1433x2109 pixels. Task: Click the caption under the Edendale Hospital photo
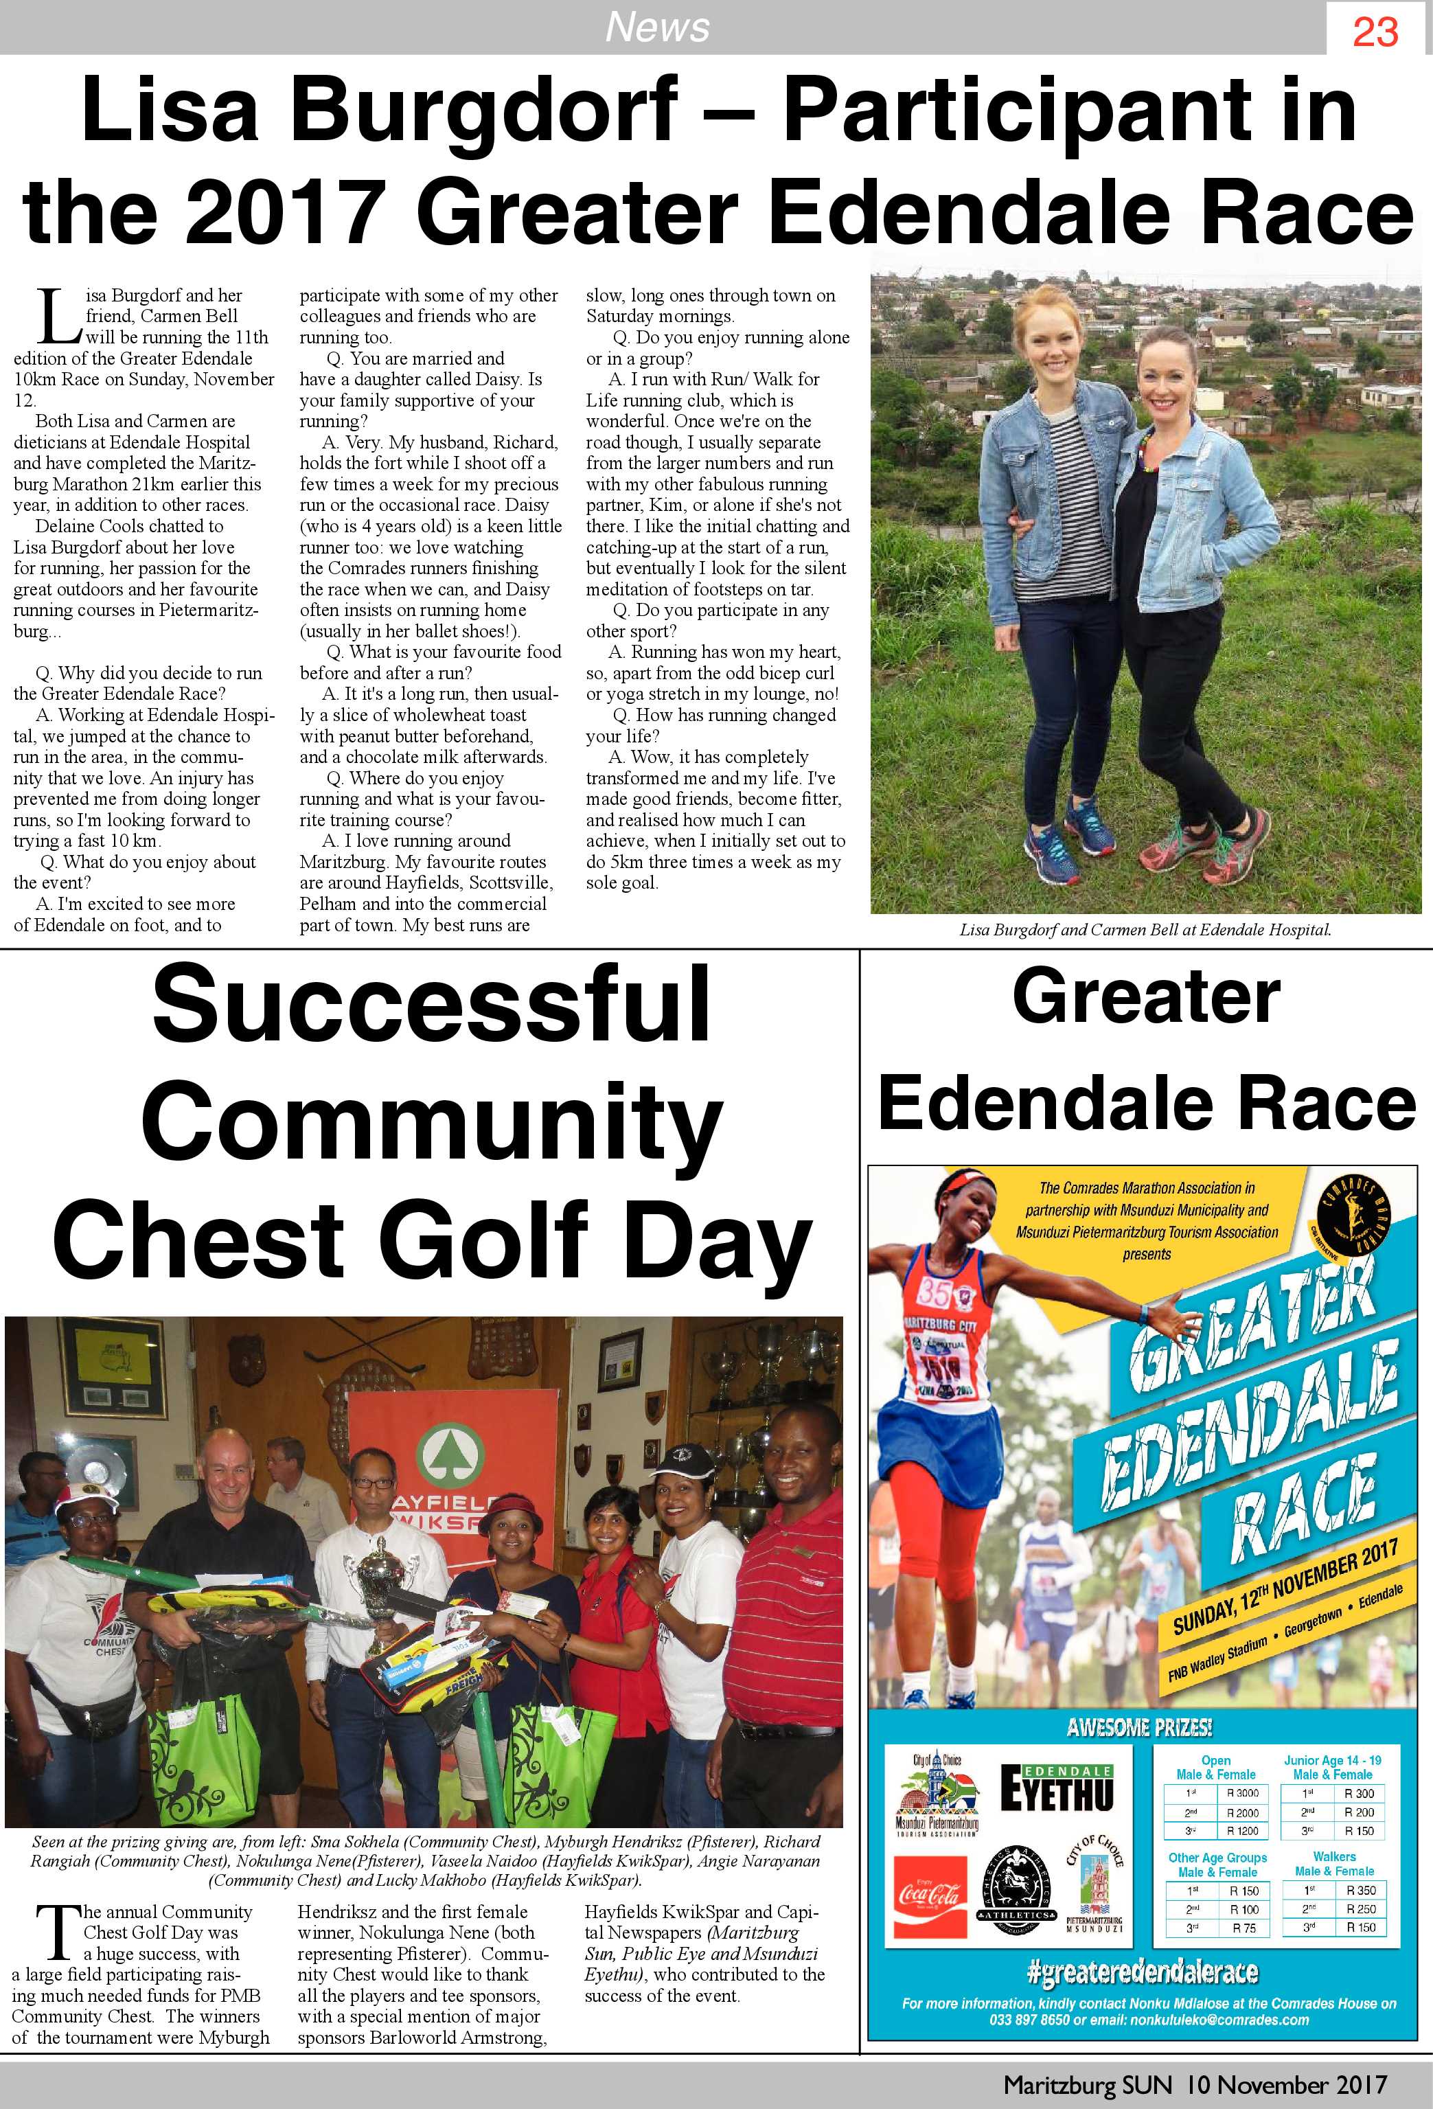coord(1145,930)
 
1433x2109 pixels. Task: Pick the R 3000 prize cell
coord(1241,1793)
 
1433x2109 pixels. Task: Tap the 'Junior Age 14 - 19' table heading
coord(1332,1759)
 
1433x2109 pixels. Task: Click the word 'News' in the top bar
coord(657,27)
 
